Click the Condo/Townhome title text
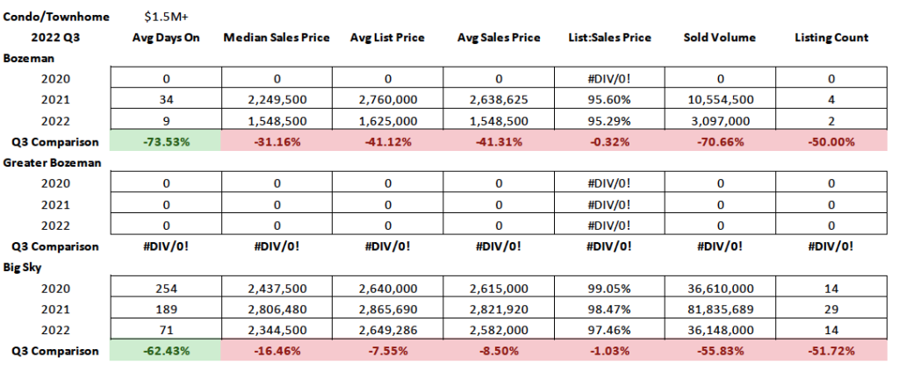(x=51, y=17)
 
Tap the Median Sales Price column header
(x=277, y=38)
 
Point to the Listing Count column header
(x=831, y=38)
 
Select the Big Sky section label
(x=25, y=267)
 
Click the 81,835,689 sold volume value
(x=720, y=309)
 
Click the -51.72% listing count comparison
(x=831, y=351)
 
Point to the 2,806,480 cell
(x=277, y=309)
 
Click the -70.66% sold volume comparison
(x=720, y=140)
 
